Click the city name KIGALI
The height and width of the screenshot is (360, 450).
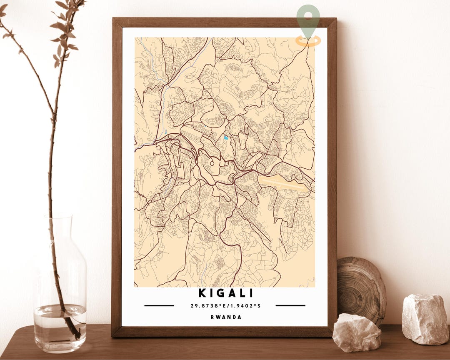(x=225, y=293)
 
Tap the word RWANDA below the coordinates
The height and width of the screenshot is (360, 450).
(x=225, y=317)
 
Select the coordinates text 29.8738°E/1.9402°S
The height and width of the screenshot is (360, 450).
(x=225, y=306)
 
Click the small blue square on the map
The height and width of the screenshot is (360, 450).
(x=226, y=137)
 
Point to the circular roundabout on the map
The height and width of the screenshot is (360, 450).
(x=212, y=163)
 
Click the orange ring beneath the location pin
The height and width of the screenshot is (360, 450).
(x=308, y=41)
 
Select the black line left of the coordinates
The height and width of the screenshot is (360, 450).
(x=159, y=305)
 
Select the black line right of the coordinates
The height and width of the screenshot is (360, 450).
(x=290, y=305)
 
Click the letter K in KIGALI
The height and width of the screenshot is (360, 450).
(x=202, y=293)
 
